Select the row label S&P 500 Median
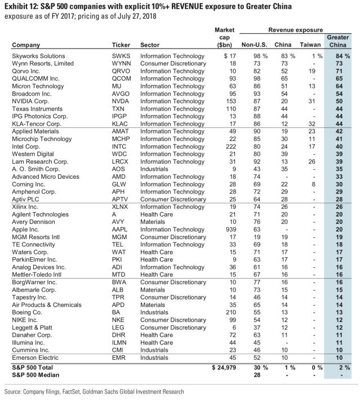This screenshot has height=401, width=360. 34,375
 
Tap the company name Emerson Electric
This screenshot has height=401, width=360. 32,356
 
